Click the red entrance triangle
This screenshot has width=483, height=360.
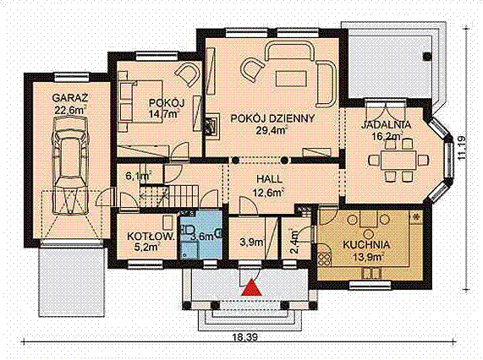(x=252, y=287)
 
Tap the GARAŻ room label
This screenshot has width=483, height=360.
(x=70, y=98)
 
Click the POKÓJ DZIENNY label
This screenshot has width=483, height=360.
(x=272, y=119)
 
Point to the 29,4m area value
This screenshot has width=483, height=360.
(x=271, y=130)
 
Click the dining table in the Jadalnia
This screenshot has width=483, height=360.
(x=399, y=160)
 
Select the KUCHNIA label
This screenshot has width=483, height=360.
(x=366, y=245)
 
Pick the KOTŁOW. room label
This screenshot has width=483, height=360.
(x=151, y=237)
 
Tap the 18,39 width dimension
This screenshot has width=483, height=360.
(x=245, y=338)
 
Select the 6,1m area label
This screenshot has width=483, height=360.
(x=138, y=177)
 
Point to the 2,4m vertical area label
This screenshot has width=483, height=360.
(x=294, y=242)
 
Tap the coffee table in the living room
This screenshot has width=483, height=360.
(x=291, y=79)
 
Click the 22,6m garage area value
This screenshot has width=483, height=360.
(x=69, y=110)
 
